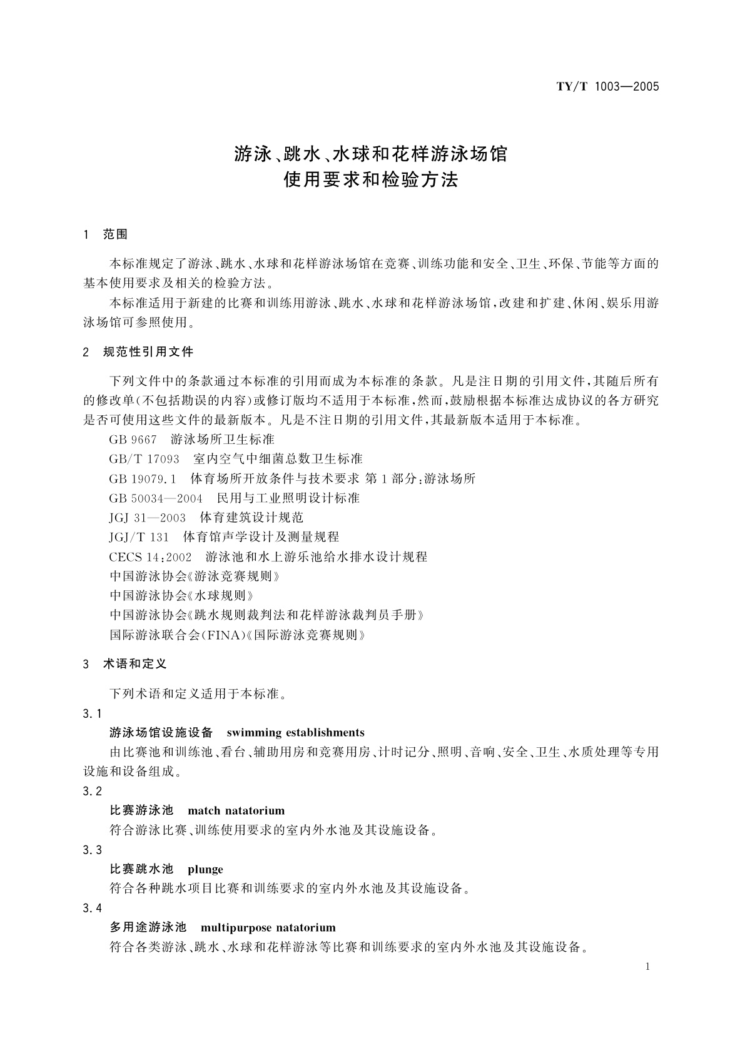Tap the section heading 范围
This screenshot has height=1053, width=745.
point(115,234)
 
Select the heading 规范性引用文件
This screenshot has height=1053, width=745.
point(148,351)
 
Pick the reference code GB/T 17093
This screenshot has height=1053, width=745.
point(144,459)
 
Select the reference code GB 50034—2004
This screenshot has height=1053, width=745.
point(156,498)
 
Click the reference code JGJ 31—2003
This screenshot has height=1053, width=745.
point(148,517)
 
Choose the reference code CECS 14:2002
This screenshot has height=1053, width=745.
point(151,556)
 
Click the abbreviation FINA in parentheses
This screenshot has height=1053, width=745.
point(220,635)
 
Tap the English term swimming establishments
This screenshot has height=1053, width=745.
point(295,732)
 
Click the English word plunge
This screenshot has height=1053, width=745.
point(205,869)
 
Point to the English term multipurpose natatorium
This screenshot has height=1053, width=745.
point(268,927)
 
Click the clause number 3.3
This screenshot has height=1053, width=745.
point(92,850)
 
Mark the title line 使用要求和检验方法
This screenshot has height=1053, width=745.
point(371,180)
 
